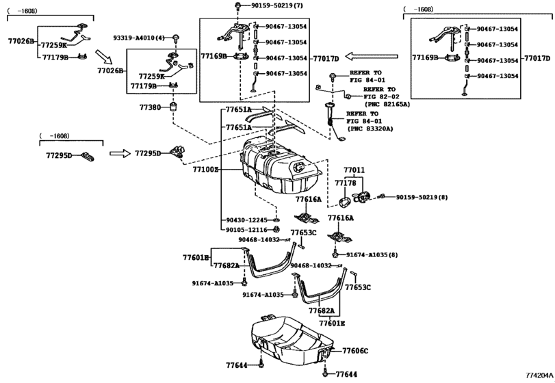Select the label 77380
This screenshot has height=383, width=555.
pyautogui.click(x=150, y=107)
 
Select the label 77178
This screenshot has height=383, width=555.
pyautogui.click(x=345, y=183)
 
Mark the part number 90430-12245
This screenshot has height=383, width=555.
pyautogui.click(x=246, y=220)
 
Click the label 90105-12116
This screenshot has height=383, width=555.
pyautogui.click(x=246, y=230)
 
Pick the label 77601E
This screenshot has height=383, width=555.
pyautogui.click(x=331, y=322)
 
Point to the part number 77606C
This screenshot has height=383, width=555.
pyautogui.click(x=355, y=351)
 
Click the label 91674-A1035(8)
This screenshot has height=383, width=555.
pyautogui.click(x=372, y=254)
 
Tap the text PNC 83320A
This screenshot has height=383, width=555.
pyautogui.click(x=369, y=129)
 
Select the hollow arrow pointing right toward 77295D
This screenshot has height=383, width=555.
pyautogui.click(x=120, y=154)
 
